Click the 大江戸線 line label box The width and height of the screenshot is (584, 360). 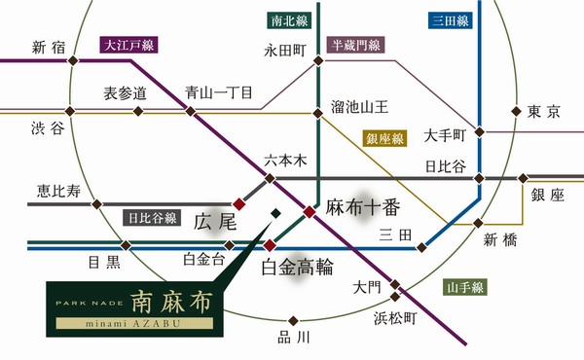[x=127, y=44]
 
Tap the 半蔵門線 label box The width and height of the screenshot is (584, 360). [x=356, y=44]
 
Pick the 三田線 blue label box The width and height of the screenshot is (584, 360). [x=451, y=18]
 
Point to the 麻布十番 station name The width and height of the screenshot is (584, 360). [x=364, y=207]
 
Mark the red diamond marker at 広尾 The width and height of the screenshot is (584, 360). [x=238, y=203]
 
